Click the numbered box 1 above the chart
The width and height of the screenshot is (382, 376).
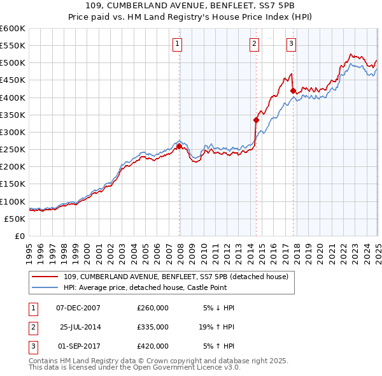[x=176, y=44]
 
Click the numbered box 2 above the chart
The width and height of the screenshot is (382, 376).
[x=254, y=44]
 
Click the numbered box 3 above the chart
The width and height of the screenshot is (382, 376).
[x=291, y=44]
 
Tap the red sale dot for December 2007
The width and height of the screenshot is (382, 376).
[x=179, y=146]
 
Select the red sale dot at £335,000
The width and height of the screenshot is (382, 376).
[x=256, y=120]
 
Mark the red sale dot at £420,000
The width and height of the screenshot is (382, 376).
[x=292, y=90]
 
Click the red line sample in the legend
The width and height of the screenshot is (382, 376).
[x=46, y=277]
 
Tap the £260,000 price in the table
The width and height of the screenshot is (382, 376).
[x=153, y=308]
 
